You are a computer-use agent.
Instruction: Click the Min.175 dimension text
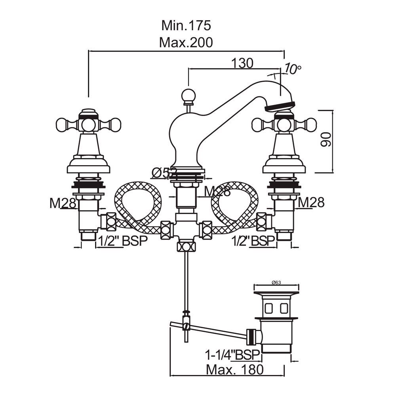186,25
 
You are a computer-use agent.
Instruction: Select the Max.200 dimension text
186,42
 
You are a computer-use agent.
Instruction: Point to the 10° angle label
292,70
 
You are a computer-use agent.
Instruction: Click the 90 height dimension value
326,140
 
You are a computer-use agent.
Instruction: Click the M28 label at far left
63,203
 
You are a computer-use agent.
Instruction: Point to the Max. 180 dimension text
235,370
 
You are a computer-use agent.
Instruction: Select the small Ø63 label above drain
276,282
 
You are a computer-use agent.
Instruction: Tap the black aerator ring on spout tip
280,105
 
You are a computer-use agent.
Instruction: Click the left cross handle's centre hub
88,125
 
